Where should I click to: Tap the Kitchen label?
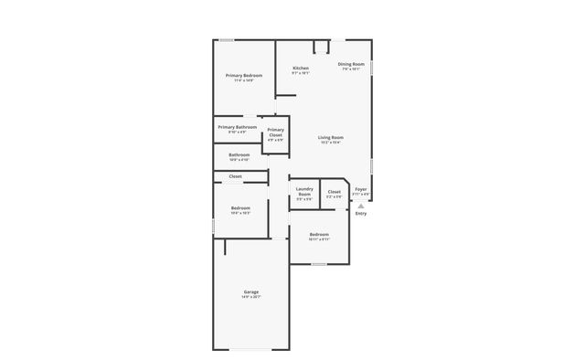(301, 69)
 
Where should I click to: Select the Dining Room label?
(353, 64)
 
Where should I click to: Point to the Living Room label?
(331, 137)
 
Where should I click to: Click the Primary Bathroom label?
(237, 127)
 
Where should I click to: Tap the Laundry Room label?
(304, 191)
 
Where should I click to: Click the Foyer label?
(361, 189)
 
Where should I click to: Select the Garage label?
(250, 292)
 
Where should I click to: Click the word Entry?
(361, 214)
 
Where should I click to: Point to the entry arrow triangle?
(361, 206)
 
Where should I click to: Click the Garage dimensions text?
(250, 298)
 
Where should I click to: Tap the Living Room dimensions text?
(331, 143)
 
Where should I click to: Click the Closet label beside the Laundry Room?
(335, 192)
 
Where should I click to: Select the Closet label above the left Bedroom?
(235, 175)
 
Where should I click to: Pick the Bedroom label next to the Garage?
(240, 208)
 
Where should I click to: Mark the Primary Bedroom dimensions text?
(244, 79)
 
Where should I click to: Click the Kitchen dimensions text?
(301, 74)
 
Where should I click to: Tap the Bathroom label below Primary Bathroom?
(239, 155)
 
